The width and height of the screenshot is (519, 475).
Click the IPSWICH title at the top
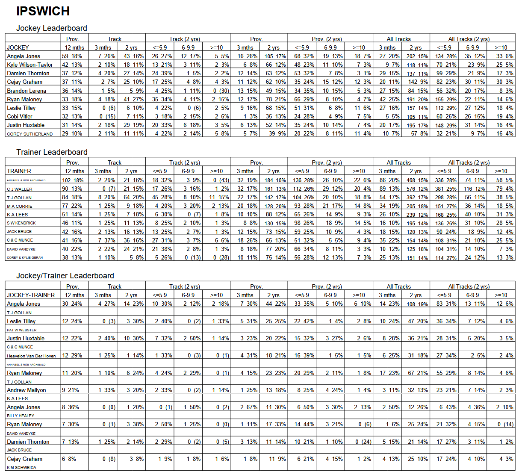43,11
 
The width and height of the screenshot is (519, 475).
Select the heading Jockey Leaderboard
51,28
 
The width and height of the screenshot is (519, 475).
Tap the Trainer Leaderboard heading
52,152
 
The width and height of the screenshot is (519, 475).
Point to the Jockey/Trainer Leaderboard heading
65,276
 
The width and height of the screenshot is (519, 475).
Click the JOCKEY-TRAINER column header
31,295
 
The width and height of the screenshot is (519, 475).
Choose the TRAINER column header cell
19,171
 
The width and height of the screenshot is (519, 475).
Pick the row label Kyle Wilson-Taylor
30,65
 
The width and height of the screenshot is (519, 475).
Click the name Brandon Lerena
27,91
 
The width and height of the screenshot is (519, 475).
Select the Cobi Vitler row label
20,116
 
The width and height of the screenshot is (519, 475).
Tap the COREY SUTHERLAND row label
30,134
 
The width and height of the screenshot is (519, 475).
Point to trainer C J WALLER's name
20,189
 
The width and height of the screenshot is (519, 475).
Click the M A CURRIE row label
20,206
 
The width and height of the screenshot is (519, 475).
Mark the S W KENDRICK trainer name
21,223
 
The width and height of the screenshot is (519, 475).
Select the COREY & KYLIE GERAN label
25,257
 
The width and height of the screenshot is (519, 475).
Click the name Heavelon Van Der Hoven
31,356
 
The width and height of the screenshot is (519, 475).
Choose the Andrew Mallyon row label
27,390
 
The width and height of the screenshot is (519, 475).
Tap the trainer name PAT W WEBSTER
22,330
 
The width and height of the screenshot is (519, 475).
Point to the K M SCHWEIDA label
21,467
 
